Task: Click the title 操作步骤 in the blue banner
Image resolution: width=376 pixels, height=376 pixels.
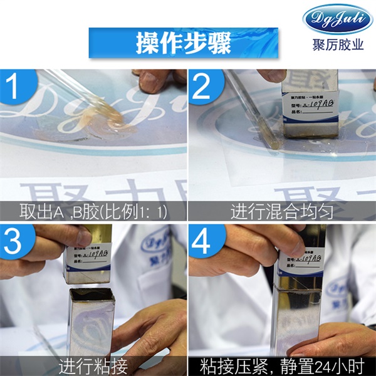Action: pyautogui.click(x=184, y=43)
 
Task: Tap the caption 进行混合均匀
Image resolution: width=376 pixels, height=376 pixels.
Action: pyautogui.click(x=282, y=211)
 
